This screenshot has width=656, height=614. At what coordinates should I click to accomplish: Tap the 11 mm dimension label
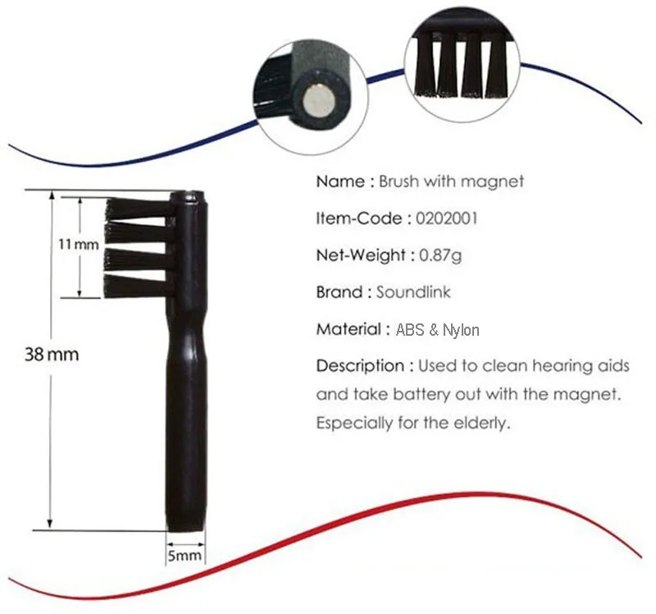[79, 245]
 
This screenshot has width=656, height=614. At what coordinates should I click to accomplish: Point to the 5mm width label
[184, 556]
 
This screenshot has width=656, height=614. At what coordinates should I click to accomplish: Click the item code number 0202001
[447, 218]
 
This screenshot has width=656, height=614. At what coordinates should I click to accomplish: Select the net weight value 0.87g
[440, 255]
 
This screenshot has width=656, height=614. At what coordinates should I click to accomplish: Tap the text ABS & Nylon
[437, 330]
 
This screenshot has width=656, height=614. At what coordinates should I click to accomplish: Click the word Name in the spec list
[339, 181]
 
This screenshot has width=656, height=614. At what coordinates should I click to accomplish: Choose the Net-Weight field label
[360, 255]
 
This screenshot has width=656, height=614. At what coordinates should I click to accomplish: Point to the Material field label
[348, 329]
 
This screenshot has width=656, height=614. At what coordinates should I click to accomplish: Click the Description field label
[360, 365]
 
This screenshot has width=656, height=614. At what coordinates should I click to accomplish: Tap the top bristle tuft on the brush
[139, 206]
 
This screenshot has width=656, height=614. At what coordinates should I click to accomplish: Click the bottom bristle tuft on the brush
[139, 285]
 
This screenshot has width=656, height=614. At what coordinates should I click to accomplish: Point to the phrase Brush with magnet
[451, 181]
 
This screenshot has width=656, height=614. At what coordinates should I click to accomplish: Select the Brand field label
[339, 291]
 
